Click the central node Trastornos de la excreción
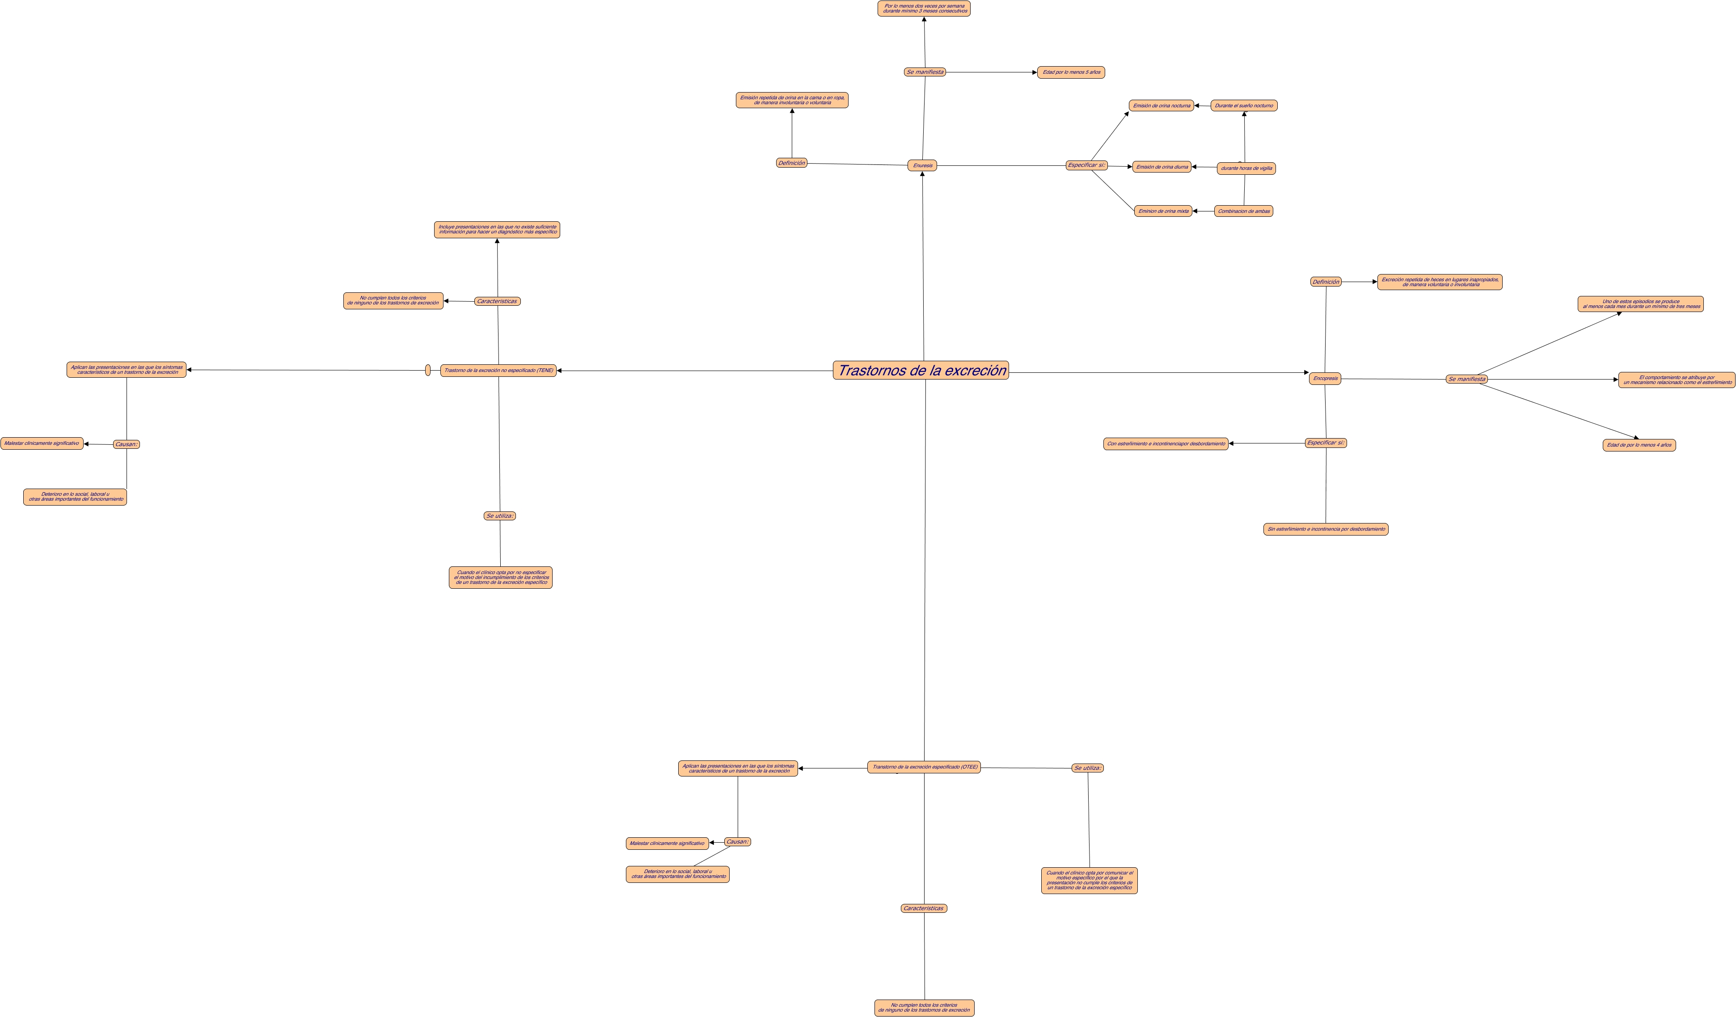[921, 371]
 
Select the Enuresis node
[922, 165]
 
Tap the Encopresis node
[1325, 378]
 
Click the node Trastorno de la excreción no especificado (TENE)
[498, 371]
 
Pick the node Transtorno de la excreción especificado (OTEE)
[924, 767]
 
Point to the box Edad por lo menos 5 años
[1071, 72]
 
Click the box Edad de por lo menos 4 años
[1639, 445]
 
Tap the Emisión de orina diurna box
[1162, 167]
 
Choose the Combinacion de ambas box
[1243, 211]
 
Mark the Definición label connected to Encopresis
[1326, 282]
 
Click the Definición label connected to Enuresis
[791, 163]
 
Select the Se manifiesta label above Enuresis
[925, 72]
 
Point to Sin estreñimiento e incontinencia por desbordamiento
[1326, 529]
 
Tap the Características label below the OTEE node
[923, 908]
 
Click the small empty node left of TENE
[428, 370]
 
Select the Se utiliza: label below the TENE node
[499, 516]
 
